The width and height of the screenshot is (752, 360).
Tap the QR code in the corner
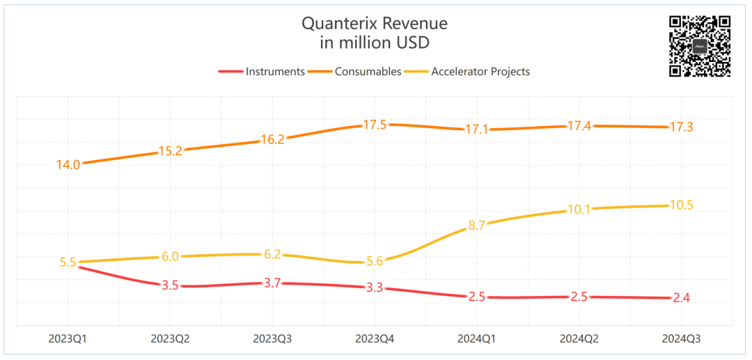tap(699, 45)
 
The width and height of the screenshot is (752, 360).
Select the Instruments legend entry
tap(275, 71)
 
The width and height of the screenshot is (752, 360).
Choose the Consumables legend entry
tap(368, 71)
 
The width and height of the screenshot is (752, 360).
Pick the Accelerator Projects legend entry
tap(480, 71)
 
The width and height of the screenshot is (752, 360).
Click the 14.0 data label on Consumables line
tap(68, 165)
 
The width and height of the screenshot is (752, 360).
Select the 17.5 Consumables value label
tap(375, 125)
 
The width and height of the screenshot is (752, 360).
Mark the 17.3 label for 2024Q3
tap(682, 127)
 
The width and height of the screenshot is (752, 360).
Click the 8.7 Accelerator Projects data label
tap(477, 225)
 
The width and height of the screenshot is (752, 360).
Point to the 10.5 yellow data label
tap(682, 205)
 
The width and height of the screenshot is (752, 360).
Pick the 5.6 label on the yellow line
tap(375, 261)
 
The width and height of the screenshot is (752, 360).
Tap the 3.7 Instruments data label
tap(272, 283)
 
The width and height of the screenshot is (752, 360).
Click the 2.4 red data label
tap(682, 298)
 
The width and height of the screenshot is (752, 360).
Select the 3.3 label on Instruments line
tap(375, 288)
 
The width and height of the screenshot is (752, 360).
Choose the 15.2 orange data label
tap(170, 150)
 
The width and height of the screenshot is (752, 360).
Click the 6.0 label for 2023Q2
tap(170, 256)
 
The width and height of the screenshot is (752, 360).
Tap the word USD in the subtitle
tap(412, 42)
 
